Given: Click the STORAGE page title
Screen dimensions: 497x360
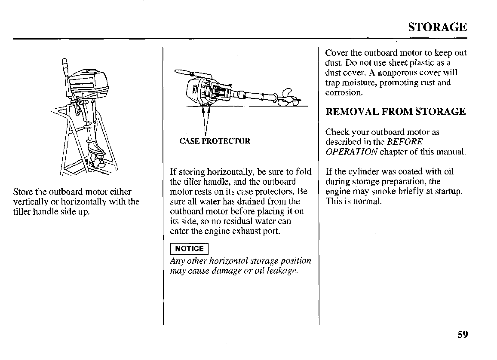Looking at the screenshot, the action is click(x=437, y=27).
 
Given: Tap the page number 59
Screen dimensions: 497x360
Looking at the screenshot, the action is click(x=463, y=335).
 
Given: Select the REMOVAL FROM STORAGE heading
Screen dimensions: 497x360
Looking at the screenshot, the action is click(x=396, y=112).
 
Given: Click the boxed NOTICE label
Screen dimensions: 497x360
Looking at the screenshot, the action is click(x=190, y=249).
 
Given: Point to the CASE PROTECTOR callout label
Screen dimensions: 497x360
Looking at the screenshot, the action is click(x=215, y=141).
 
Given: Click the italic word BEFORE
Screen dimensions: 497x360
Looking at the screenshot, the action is click(x=405, y=142).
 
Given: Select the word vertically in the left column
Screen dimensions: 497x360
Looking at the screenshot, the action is click(x=30, y=202).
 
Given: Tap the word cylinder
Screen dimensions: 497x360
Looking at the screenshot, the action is click(x=360, y=172).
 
